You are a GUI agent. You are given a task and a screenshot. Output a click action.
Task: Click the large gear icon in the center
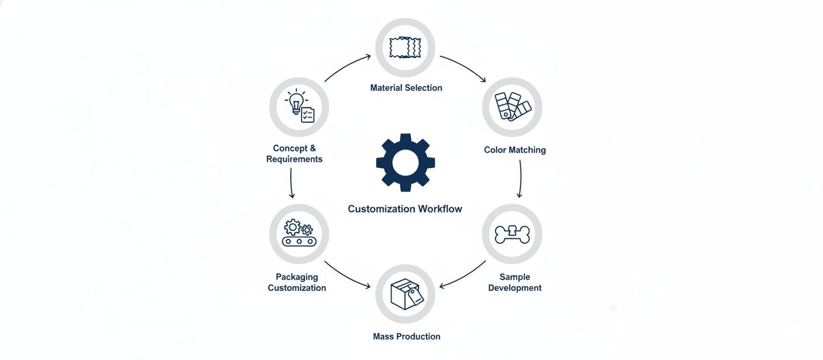click(405, 162)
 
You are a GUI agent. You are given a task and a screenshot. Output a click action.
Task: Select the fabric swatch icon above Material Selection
click(405, 48)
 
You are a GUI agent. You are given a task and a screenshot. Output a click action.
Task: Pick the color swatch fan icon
click(512, 107)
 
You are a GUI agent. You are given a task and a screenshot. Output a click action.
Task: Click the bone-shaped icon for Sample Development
click(512, 234)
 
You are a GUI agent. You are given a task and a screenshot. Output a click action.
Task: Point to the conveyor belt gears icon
click(299, 234)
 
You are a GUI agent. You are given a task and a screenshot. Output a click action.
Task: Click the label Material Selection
click(406, 87)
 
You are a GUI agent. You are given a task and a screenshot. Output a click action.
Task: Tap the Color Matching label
click(514, 150)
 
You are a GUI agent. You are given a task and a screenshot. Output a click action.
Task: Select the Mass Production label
click(407, 336)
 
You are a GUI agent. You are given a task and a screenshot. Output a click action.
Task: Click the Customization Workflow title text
click(405, 209)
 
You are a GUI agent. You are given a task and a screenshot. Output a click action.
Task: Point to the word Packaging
click(297, 277)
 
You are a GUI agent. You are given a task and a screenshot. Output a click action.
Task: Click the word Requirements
click(294, 159)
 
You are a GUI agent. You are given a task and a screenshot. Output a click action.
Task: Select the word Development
click(515, 288)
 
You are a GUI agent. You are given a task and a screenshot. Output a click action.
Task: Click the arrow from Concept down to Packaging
click(291, 183)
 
